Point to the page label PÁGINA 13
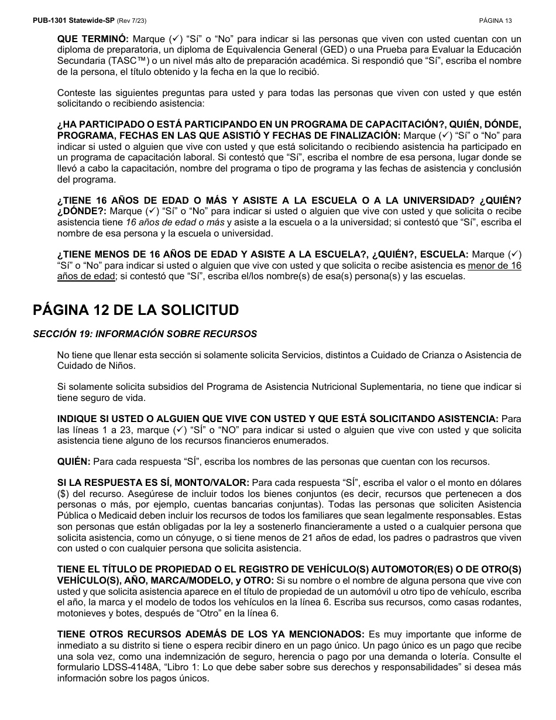495,20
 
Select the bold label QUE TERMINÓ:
92,39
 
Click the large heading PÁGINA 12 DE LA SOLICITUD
136,310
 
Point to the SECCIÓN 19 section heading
145,334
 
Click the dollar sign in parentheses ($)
63,493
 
